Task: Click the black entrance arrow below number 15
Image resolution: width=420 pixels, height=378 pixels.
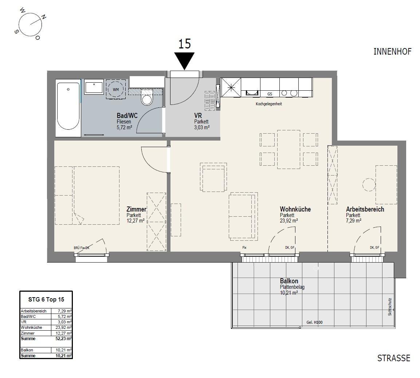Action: (184, 60)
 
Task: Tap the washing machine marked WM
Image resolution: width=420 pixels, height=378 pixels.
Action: (115, 89)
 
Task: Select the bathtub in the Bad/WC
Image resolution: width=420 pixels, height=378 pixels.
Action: (68, 106)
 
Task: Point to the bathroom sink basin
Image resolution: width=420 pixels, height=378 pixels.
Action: (94, 88)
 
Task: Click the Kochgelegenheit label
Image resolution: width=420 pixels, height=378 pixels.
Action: (269, 104)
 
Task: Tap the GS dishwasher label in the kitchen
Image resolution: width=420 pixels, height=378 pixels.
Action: (270, 94)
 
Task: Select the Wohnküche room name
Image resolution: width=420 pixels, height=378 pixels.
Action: (295, 209)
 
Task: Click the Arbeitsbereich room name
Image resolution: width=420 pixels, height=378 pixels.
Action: (365, 209)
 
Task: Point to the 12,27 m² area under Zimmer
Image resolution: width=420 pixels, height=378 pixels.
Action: (136, 220)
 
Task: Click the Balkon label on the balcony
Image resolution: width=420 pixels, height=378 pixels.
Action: (289, 281)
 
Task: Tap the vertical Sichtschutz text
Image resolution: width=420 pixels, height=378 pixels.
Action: (390, 307)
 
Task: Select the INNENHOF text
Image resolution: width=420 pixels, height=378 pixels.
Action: (392, 51)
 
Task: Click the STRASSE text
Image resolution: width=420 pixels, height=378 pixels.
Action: (393, 358)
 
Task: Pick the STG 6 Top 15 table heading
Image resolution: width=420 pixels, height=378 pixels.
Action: (46, 299)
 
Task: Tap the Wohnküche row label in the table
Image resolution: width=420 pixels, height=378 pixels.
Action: (32, 327)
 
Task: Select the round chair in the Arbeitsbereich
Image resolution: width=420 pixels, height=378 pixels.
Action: (369, 185)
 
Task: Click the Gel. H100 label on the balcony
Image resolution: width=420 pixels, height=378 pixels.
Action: (314, 322)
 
